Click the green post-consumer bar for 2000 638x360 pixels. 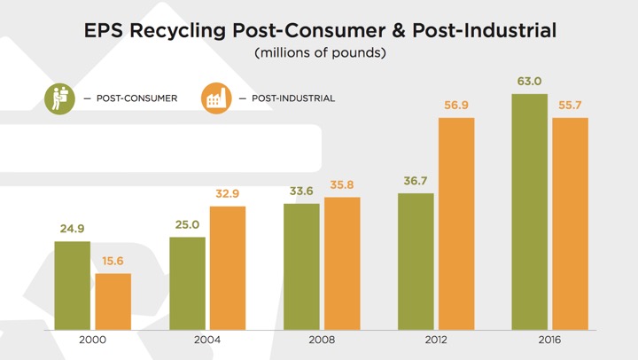click(x=72, y=285)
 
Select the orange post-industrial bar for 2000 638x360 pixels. click(x=113, y=301)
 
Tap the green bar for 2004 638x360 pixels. click(x=187, y=283)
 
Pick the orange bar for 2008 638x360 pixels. click(x=342, y=262)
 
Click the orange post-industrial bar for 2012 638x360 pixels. click(x=456, y=223)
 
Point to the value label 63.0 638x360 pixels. click(x=530, y=82)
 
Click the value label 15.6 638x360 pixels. click(x=113, y=261)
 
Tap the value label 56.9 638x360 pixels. click(x=456, y=106)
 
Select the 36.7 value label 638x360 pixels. click(x=416, y=181)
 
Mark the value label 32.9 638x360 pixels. click(x=228, y=194)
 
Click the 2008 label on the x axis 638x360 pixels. click(x=322, y=340)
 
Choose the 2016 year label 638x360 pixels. click(x=550, y=340)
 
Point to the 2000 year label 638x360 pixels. click(x=92, y=340)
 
